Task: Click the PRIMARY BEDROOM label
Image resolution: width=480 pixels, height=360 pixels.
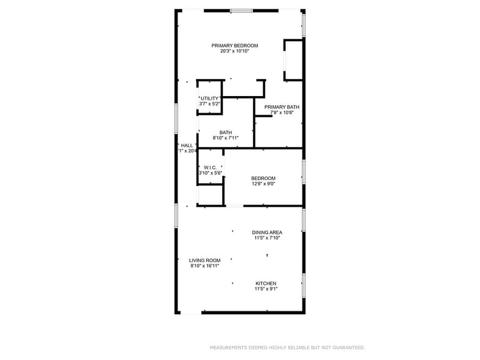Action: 234,46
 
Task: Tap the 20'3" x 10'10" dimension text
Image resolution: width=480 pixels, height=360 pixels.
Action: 234,51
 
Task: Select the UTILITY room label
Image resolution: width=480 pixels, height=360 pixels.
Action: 209,99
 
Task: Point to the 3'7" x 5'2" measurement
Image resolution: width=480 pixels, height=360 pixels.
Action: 209,104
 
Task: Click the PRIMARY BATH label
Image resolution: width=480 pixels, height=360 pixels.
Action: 282,107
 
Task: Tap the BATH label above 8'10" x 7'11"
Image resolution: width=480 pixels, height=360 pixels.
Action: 226,133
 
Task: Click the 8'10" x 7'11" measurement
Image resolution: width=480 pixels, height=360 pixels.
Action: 225,138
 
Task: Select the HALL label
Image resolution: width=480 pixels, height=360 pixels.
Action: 187,145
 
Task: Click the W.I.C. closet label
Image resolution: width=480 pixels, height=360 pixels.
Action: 209,167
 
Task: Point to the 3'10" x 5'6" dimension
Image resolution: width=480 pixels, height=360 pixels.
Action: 209,173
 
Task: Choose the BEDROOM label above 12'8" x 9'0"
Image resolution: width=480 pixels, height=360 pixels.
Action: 263,178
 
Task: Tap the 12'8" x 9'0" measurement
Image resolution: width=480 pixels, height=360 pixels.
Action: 263,184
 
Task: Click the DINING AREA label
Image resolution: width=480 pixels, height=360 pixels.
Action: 268,233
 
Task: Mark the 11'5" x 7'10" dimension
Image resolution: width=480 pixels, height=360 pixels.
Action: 268,238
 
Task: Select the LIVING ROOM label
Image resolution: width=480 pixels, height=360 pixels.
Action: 204,260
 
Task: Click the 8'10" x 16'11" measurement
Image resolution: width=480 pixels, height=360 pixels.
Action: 204,266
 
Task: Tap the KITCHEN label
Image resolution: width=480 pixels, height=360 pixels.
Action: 266,283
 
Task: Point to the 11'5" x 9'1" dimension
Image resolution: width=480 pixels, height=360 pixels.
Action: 266,289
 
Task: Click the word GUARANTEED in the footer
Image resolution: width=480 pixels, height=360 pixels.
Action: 346,348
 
